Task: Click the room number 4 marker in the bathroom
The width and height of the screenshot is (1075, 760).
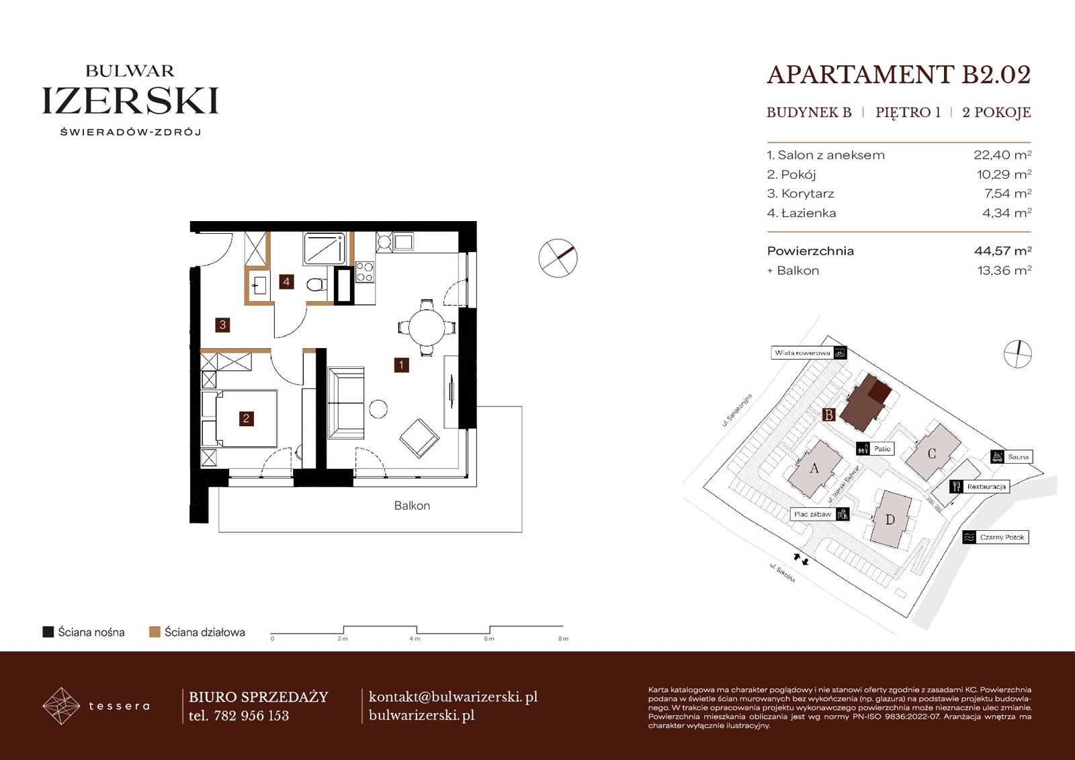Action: click(286, 282)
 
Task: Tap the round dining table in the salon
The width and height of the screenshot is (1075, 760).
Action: click(426, 327)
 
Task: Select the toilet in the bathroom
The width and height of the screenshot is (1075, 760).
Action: click(316, 285)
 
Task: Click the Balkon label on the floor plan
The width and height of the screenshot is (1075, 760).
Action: click(412, 505)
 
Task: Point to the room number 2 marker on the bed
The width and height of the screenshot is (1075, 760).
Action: click(246, 419)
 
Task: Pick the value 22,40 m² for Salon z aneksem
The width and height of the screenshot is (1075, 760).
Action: click(1002, 155)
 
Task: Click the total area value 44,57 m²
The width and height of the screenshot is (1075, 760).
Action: click(1002, 251)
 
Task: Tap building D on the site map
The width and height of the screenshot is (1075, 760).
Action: click(890, 519)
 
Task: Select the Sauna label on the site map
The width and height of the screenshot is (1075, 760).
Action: click(1018, 456)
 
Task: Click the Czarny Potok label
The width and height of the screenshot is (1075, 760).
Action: click(1002, 537)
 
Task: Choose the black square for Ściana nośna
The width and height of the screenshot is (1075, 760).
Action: click(48, 632)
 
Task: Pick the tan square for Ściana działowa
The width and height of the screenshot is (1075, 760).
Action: click(155, 632)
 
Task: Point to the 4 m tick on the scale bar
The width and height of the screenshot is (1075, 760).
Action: click(417, 630)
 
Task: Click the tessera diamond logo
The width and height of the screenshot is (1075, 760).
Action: click(61, 706)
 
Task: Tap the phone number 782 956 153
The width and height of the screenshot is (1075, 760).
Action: click(251, 716)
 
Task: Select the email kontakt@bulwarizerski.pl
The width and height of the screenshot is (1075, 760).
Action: click(453, 697)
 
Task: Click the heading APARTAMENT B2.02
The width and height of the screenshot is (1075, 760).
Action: click(899, 75)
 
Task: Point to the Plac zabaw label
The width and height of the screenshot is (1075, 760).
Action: click(812, 514)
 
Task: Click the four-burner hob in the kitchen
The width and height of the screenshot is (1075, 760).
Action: click(364, 271)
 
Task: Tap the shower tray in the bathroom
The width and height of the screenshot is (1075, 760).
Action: click(325, 249)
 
